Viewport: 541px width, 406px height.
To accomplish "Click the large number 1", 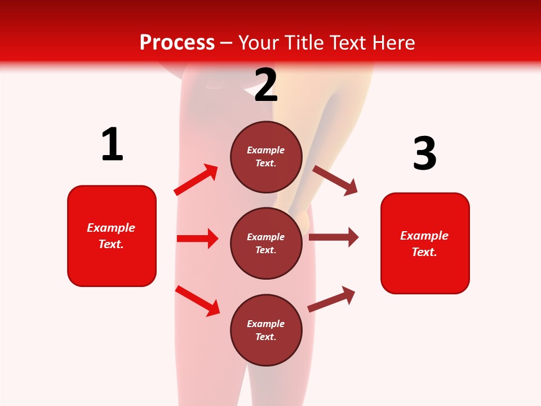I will pyautogui.click(x=112, y=145).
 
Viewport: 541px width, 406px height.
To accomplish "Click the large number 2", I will pyautogui.click(x=266, y=86).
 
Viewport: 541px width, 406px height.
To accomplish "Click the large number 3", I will pyautogui.click(x=425, y=153).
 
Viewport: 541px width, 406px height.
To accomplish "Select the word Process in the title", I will pyautogui.click(x=177, y=42).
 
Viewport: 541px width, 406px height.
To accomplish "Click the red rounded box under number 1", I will pyautogui.click(x=112, y=236).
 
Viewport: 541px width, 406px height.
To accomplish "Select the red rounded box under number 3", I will pyautogui.click(x=425, y=244).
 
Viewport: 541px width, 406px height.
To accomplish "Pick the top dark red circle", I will pyautogui.click(x=266, y=157).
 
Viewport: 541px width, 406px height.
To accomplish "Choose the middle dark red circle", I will pyautogui.click(x=266, y=244).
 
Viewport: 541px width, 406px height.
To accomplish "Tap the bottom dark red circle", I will pyautogui.click(x=266, y=330).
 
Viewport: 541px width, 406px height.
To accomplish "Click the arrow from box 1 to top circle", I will pyautogui.click(x=196, y=179).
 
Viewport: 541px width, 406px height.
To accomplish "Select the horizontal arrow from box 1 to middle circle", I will pyautogui.click(x=197, y=239).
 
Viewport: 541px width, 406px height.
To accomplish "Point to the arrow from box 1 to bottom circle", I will pyautogui.click(x=197, y=301).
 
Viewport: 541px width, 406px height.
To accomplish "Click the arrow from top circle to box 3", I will pyautogui.click(x=335, y=180).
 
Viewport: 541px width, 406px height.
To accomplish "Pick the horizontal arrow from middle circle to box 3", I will pyautogui.click(x=334, y=237).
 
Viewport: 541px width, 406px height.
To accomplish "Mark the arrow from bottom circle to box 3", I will pyautogui.click(x=331, y=299).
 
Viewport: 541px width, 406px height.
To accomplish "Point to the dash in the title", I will pyautogui.click(x=227, y=43).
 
